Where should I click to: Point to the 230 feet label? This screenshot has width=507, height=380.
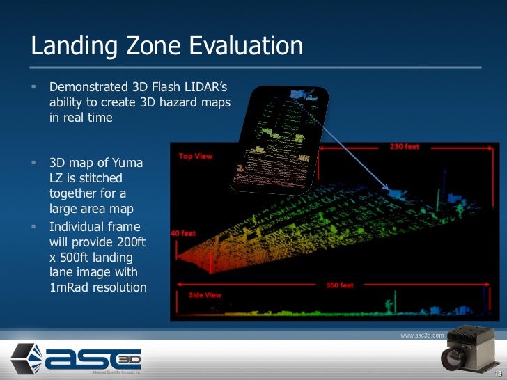(x=404, y=148)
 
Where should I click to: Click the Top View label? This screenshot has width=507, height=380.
(x=196, y=156)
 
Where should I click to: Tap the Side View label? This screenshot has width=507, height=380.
(x=205, y=294)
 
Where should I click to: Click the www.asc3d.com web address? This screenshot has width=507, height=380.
(x=421, y=335)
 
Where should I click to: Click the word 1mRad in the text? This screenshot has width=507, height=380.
(x=71, y=287)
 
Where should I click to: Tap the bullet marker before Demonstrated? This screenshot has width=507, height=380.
(x=33, y=87)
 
